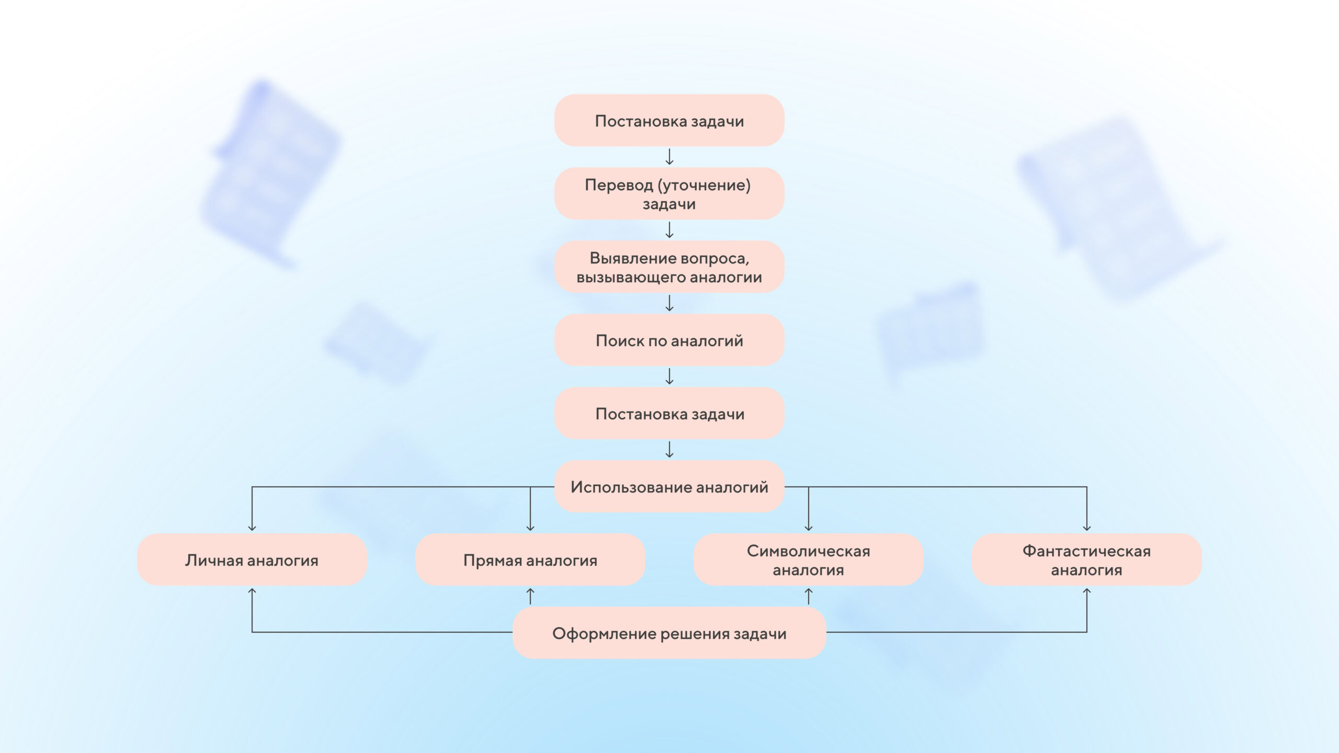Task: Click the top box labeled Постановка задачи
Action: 669,120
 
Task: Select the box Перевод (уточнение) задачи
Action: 669,193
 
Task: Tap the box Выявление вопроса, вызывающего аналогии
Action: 669,267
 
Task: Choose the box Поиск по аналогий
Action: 669,340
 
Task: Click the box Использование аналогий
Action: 669,486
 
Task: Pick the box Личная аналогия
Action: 252,560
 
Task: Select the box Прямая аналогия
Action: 530,560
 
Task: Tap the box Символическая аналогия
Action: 808,560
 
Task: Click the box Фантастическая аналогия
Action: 1086,560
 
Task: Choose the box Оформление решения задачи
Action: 669,633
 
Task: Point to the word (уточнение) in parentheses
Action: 704,185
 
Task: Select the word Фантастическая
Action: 1086,551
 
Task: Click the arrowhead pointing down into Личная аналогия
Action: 252,528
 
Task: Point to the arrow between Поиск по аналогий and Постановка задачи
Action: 669,376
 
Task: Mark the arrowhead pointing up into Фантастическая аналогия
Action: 1086,591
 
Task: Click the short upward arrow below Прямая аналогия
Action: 530,596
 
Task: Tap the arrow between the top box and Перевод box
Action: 669,157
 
